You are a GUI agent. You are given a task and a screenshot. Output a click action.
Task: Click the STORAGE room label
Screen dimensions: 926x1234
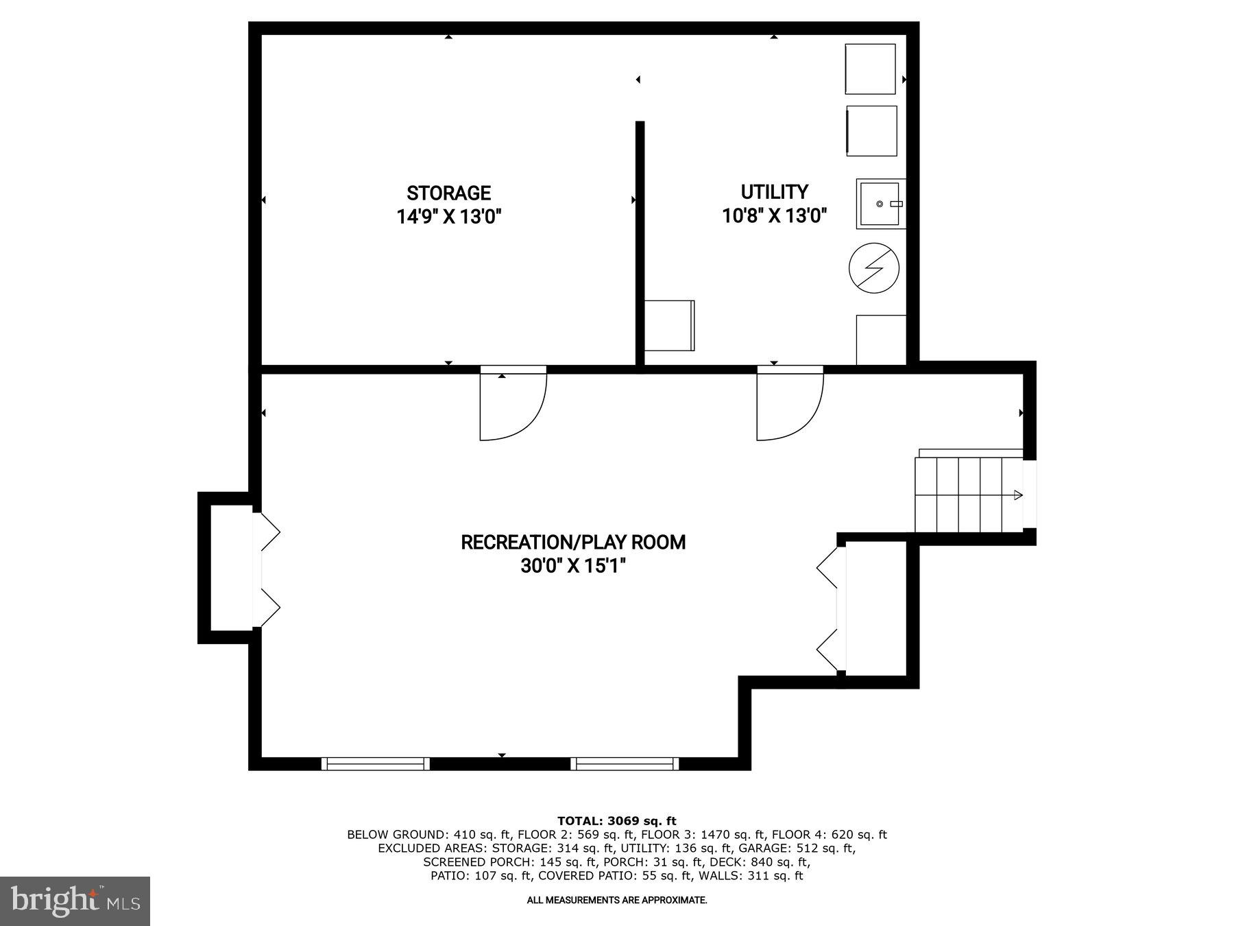click(448, 193)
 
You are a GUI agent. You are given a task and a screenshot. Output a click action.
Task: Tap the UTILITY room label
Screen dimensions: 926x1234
click(774, 191)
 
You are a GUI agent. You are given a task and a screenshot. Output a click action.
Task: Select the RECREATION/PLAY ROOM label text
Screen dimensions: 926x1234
click(572, 543)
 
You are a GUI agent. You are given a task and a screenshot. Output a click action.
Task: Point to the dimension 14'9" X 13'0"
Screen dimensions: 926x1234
click(448, 217)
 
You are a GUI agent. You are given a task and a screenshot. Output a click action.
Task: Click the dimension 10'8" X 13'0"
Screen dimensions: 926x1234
click(774, 216)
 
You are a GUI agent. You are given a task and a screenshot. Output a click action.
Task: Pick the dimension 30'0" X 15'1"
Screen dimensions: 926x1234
click(572, 567)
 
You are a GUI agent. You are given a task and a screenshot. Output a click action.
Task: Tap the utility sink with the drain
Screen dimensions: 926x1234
click(880, 204)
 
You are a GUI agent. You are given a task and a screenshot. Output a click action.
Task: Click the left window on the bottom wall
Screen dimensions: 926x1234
click(375, 763)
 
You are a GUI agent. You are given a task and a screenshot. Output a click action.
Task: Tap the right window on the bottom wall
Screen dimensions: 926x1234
click(624, 763)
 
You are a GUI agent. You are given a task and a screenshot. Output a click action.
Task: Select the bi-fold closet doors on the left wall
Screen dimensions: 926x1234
click(267, 569)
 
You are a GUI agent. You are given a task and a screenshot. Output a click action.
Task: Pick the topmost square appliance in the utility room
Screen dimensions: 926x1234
click(870, 69)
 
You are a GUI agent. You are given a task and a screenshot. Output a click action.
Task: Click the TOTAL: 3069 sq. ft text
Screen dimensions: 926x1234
click(616, 820)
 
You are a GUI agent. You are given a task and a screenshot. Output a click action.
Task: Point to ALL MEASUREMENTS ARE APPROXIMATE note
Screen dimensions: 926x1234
click(616, 900)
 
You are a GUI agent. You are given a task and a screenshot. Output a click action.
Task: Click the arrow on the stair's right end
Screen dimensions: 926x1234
click(1017, 495)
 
